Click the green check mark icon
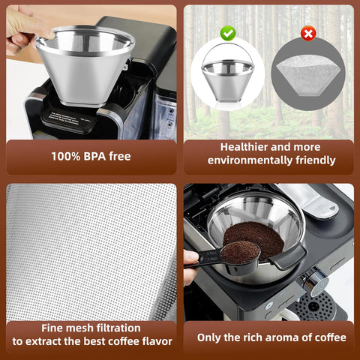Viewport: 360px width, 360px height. [x=228, y=34]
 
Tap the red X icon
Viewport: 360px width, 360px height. [x=307, y=34]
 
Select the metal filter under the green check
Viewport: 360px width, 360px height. [x=226, y=79]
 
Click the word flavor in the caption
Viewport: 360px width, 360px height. [x=153, y=342]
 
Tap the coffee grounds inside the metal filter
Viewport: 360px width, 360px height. [x=259, y=232]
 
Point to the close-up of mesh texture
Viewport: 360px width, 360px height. [x=90, y=247]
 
